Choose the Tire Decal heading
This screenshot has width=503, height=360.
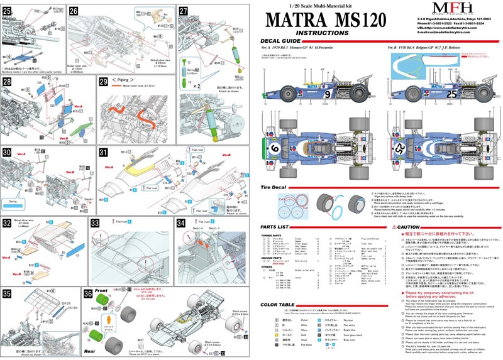click(x=279, y=188)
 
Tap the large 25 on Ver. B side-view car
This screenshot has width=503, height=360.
click(x=433, y=95)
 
